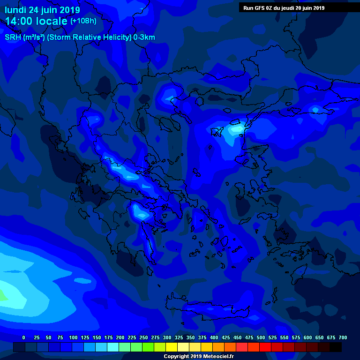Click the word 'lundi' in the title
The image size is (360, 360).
pos(16,10)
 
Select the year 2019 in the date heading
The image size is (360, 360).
pos(69,10)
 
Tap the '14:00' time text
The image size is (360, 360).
pos(20,21)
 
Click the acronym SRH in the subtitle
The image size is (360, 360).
pos(13,37)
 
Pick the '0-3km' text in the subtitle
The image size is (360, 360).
pos(144,37)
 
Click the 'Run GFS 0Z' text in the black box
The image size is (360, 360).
pos(259,7)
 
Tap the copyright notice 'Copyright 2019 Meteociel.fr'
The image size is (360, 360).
pos(198,356)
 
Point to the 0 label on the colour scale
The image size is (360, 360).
pos(23,337)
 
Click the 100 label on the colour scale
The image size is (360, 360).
pos(73,337)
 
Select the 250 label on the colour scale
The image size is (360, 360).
pos(143,337)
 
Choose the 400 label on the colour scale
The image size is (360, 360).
pos(214,337)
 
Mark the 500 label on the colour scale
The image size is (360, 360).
pos(261,337)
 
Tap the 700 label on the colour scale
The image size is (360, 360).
pos(343,337)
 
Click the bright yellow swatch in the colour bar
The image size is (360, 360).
pos(172,347)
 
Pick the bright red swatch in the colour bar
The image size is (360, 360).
pos(265,347)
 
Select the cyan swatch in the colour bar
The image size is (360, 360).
pos(113,347)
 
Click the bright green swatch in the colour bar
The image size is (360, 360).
pos(148,347)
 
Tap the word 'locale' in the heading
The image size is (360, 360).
pos(52,21)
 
